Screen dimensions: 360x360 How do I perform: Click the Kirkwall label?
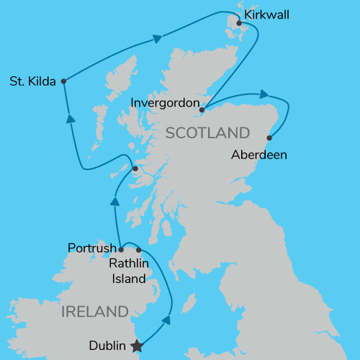(x=267, y=14)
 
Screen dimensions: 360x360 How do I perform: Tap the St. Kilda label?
(x=32, y=81)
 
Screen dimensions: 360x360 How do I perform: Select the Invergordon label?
(x=165, y=104)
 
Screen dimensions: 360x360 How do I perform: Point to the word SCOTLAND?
(x=207, y=133)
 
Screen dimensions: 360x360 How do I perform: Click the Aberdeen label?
(x=260, y=154)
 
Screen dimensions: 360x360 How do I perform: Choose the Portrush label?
(x=91, y=248)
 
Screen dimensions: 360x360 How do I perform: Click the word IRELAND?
(x=94, y=312)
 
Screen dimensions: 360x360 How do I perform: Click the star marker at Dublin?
(x=137, y=346)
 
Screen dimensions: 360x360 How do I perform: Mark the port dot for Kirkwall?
(x=239, y=23)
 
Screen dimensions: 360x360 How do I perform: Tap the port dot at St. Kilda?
(x=64, y=81)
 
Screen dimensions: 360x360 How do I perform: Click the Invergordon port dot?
(x=202, y=110)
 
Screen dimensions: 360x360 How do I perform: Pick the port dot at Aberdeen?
(x=270, y=138)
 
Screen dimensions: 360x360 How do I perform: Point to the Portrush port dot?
(x=121, y=251)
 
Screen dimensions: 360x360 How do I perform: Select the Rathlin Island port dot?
(x=139, y=251)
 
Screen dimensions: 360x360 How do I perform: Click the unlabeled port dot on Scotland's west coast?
(x=135, y=170)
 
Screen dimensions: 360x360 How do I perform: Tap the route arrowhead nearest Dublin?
(x=167, y=320)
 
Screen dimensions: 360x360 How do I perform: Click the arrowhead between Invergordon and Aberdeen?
(x=264, y=94)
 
